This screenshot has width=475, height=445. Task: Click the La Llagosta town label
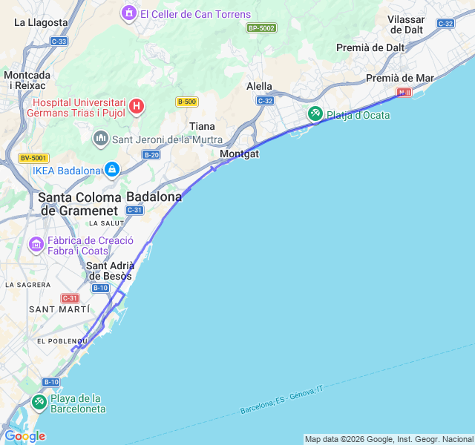coord(42,22)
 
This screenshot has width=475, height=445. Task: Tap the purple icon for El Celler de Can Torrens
coord(130,13)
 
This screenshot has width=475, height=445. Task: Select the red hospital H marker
coord(137,107)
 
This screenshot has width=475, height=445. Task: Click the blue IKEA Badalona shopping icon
coord(111,170)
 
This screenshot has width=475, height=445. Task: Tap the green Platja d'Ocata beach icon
coord(315,114)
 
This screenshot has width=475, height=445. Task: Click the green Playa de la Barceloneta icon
coord(39,403)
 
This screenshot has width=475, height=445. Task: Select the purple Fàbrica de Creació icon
coord(36,244)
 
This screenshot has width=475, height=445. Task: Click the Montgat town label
coord(240,154)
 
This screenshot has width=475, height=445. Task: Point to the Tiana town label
coord(202,126)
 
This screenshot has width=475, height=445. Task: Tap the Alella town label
coord(259,86)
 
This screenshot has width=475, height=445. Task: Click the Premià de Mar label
coord(400,78)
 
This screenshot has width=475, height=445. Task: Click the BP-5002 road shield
coord(261,27)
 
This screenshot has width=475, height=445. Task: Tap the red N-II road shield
coord(404,93)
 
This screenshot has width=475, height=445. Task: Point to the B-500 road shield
coord(186,102)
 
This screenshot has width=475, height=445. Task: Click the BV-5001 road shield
coord(33,158)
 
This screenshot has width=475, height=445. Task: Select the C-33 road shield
coord(59,42)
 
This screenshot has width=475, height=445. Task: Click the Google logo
coord(24,436)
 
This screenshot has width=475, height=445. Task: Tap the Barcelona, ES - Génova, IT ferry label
coord(282,399)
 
